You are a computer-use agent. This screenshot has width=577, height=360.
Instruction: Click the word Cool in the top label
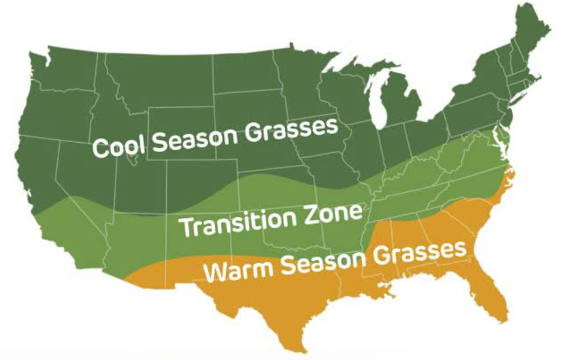click(x=119, y=146)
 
